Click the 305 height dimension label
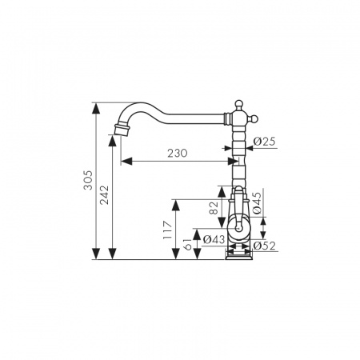(88, 180)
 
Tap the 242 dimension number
(104, 194)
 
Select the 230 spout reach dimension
(178, 154)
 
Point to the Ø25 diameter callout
(264, 142)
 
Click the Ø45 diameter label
(257, 203)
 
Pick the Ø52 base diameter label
(264, 246)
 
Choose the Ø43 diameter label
(214, 239)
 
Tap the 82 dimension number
(214, 208)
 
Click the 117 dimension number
(168, 230)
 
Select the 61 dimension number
(188, 244)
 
